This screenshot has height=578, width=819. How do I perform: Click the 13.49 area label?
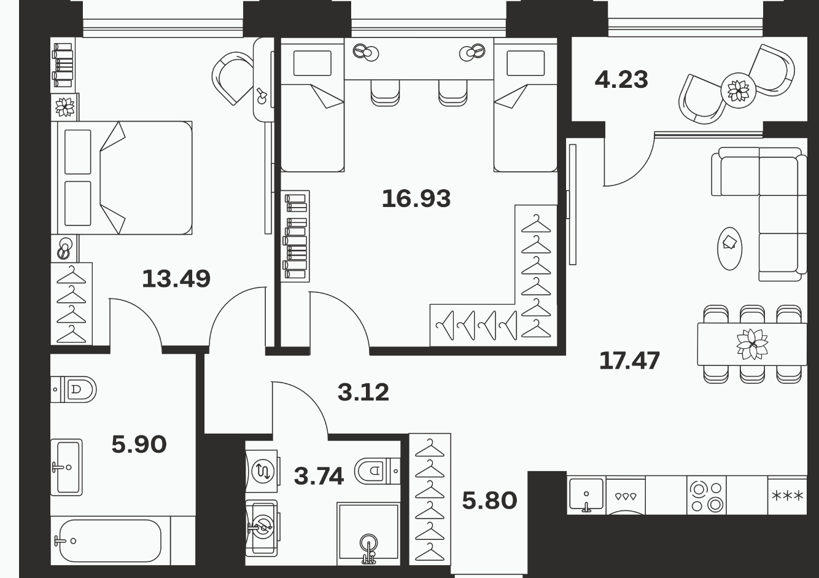[x=176, y=279]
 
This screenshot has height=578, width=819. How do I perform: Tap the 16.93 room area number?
[x=416, y=198]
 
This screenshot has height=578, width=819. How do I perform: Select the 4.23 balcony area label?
[x=621, y=80]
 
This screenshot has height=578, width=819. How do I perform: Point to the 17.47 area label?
[x=630, y=361]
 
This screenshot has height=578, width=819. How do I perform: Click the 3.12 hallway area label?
[x=363, y=392]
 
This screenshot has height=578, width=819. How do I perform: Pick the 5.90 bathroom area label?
[x=139, y=445]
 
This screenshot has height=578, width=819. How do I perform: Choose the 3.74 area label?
[x=319, y=476]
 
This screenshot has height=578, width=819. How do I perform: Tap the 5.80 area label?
[x=489, y=501]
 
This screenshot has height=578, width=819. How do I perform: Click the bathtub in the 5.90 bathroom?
[x=110, y=541]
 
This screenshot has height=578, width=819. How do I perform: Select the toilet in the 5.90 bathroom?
[x=73, y=389]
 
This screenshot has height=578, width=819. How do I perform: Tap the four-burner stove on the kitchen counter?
[x=707, y=495]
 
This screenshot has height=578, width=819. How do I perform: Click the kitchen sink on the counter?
[x=586, y=494]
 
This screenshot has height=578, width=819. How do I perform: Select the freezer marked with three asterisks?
[x=787, y=495]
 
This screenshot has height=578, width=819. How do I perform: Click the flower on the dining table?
[x=752, y=344]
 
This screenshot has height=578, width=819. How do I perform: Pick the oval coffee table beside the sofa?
[x=730, y=249]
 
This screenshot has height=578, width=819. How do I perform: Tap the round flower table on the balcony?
[x=738, y=90]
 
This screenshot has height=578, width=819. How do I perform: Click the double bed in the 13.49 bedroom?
[x=124, y=178]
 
